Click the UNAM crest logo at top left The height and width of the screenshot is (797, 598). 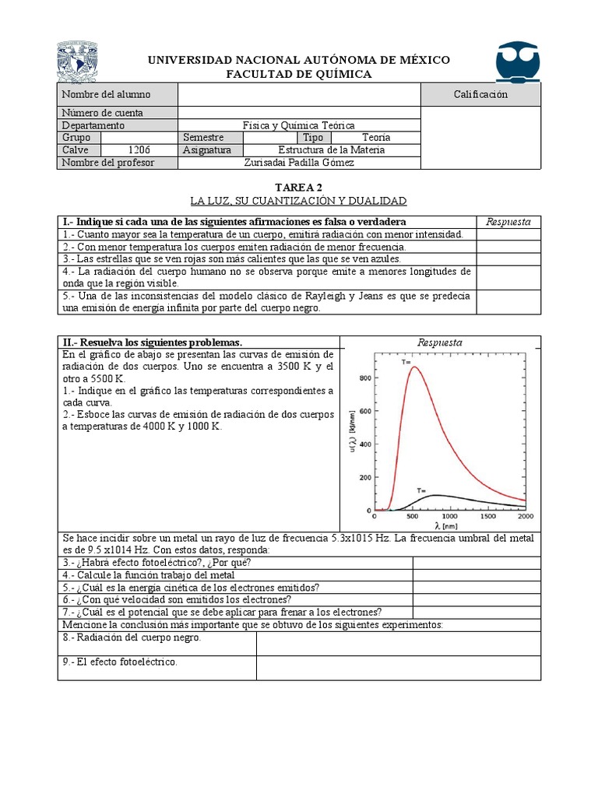tap(78, 63)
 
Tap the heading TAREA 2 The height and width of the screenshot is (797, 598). tap(298, 188)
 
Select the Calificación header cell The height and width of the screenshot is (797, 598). tap(480, 94)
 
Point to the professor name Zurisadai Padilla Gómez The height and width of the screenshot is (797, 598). tap(299, 162)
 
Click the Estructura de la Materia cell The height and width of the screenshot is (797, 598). tap(331, 149)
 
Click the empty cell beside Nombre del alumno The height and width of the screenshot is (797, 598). tap(299, 94)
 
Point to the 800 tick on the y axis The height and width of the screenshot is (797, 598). tap(364, 378)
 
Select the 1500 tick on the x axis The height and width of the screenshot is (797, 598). tap(488, 516)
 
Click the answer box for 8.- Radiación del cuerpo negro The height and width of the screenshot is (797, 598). tap(398, 643)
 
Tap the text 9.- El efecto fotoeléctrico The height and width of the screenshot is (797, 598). tap(120, 662)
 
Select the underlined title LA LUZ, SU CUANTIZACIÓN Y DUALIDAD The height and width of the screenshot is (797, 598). tap(299, 201)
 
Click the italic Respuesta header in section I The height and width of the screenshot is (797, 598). tap(508, 222)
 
